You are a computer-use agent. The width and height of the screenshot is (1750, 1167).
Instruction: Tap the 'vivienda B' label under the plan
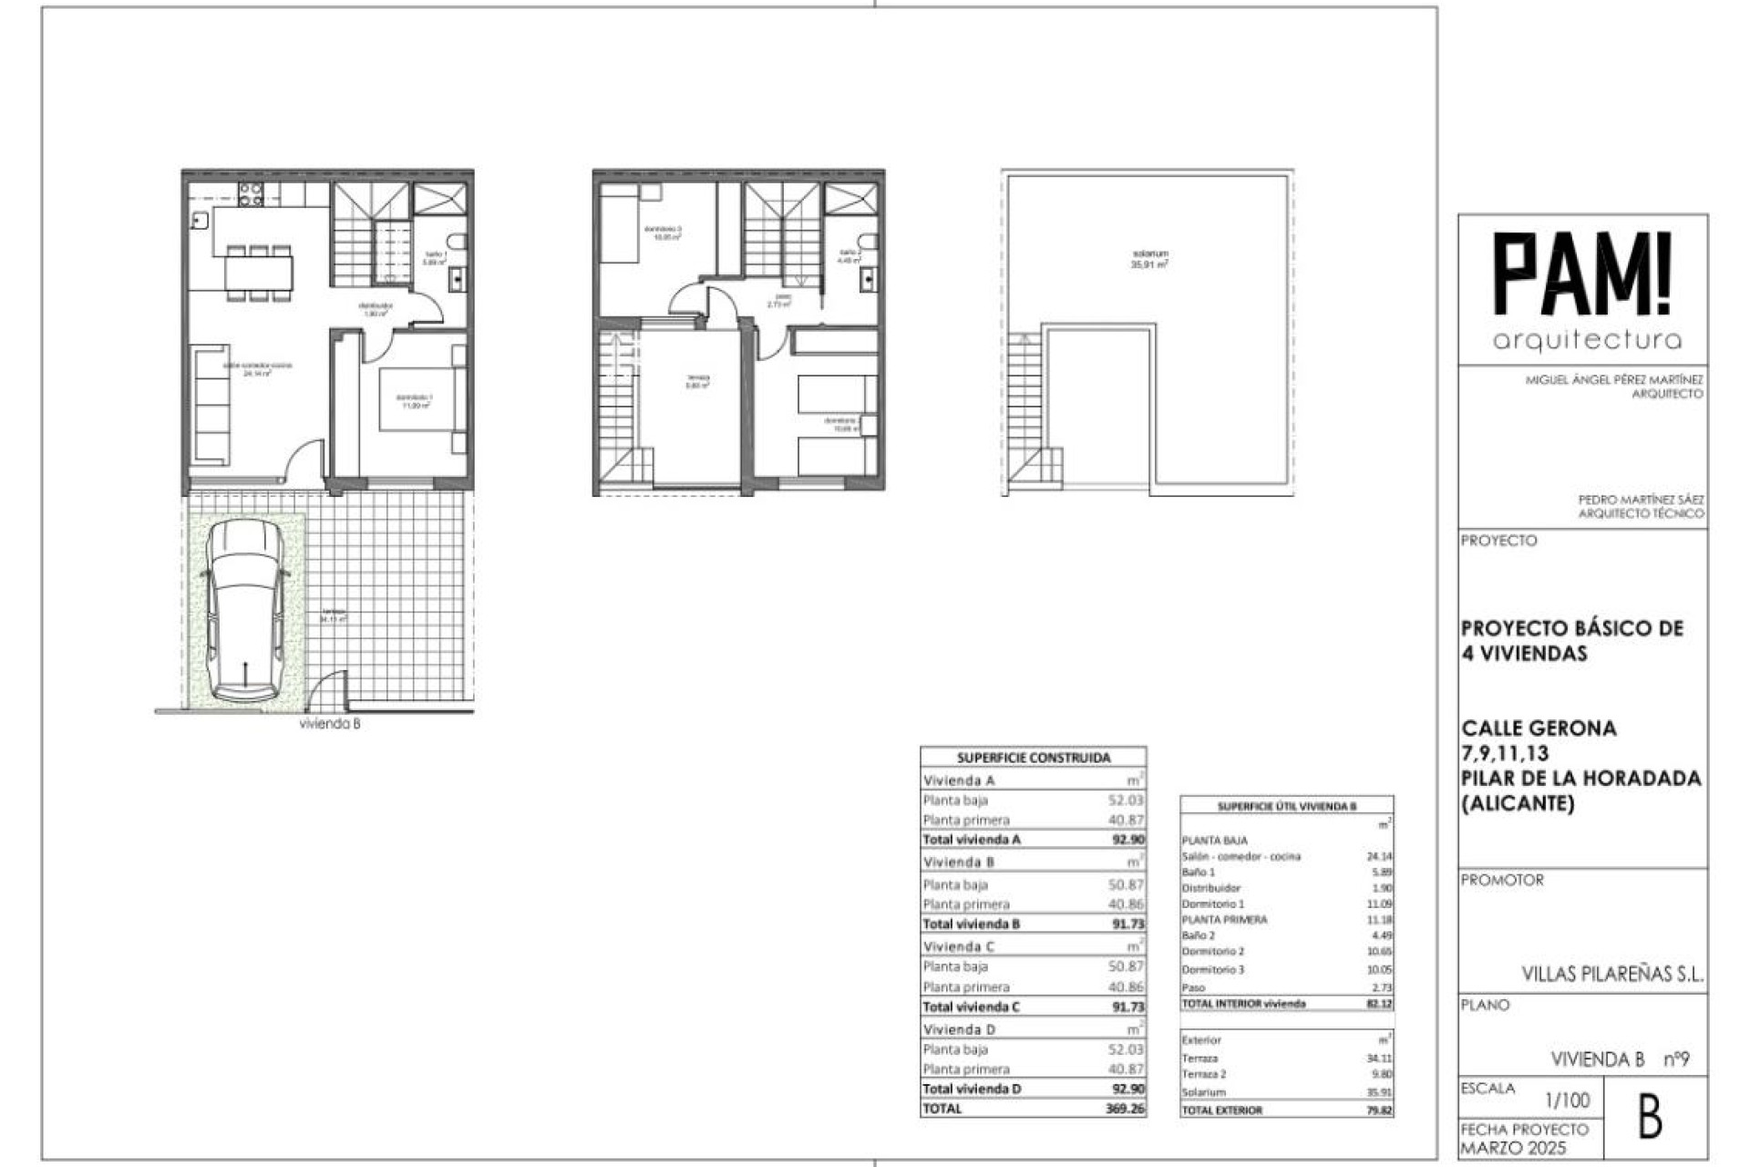tap(330, 724)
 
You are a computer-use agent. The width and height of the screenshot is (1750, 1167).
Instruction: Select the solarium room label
tap(1149, 258)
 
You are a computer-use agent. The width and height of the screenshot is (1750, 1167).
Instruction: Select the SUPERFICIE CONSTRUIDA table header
tap(1033, 758)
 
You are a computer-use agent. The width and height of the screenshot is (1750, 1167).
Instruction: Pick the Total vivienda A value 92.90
tap(1127, 840)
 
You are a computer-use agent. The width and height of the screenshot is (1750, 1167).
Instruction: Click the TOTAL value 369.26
tap(1126, 1109)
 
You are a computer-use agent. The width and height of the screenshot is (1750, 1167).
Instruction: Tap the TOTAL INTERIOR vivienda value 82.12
tap(1379, 1004)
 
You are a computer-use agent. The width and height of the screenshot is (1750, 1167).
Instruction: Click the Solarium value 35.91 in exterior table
tap(1379, 1092)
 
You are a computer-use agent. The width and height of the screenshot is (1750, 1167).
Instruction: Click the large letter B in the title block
tap(1650, 1118)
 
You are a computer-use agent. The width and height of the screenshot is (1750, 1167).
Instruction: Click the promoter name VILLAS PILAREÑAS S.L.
tap(1611, 975)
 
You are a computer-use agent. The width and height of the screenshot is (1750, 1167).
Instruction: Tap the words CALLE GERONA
tap(1539, 728)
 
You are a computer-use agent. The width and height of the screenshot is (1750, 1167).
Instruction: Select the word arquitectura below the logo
tap(1587, 341)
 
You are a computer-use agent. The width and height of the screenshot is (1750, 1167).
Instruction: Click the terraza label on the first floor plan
tap(697, 380)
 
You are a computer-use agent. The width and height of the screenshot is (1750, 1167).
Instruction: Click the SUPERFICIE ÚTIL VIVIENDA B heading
tap(1286, 807)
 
